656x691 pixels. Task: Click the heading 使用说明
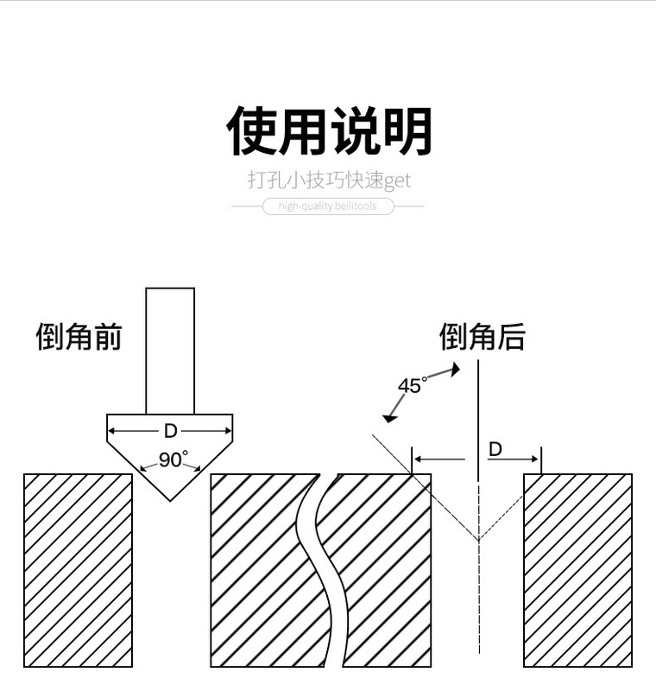point(328,131)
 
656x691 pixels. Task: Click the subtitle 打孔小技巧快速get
point(328,181)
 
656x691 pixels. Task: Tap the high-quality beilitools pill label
point(328,206)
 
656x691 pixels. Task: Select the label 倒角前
point(79,336)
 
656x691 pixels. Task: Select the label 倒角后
point(482,336)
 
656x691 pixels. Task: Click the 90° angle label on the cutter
point(173,460)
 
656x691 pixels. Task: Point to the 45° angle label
point(412,385)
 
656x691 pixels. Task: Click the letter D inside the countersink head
point(170,430)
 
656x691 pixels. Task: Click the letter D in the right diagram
point(495,449)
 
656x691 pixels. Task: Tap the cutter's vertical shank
point(170,350)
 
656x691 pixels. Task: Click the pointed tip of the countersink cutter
point(170,500)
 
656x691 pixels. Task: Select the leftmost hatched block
point(78,570)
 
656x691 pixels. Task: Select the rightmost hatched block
point(577,570)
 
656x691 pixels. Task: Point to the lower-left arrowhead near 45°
point(389,419)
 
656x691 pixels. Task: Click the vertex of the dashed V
point(477,540)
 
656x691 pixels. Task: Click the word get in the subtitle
point(398,181)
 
